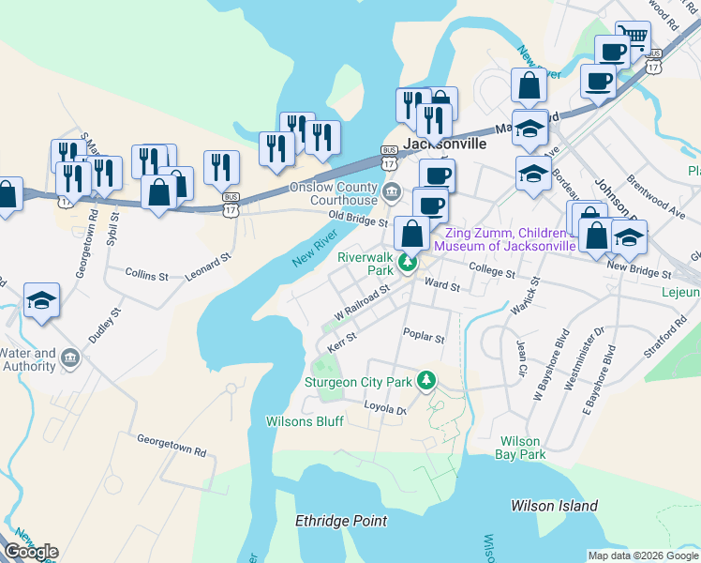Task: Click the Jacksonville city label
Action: tap(445, 145)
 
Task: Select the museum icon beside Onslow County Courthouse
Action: tap(393, 193)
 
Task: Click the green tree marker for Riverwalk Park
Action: tap(408, 263)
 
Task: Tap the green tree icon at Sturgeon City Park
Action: tap(427, 380)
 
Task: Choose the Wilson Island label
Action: tap(554, 506)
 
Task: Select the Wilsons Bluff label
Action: tap(305, 421)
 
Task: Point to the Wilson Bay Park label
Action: tap(523, 448)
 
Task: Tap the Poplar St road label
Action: tap(423, 333)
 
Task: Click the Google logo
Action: tap(31, 552)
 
